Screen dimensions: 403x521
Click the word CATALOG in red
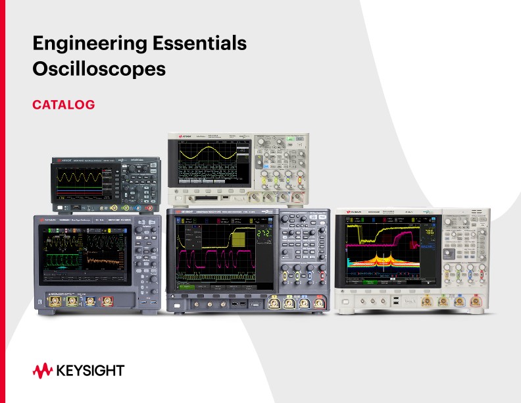click(64, 104)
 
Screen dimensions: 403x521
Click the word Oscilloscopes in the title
click(99, 68)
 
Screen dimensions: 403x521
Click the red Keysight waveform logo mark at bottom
click(43, 370)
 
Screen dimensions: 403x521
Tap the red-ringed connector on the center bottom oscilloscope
click(319, 304)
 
